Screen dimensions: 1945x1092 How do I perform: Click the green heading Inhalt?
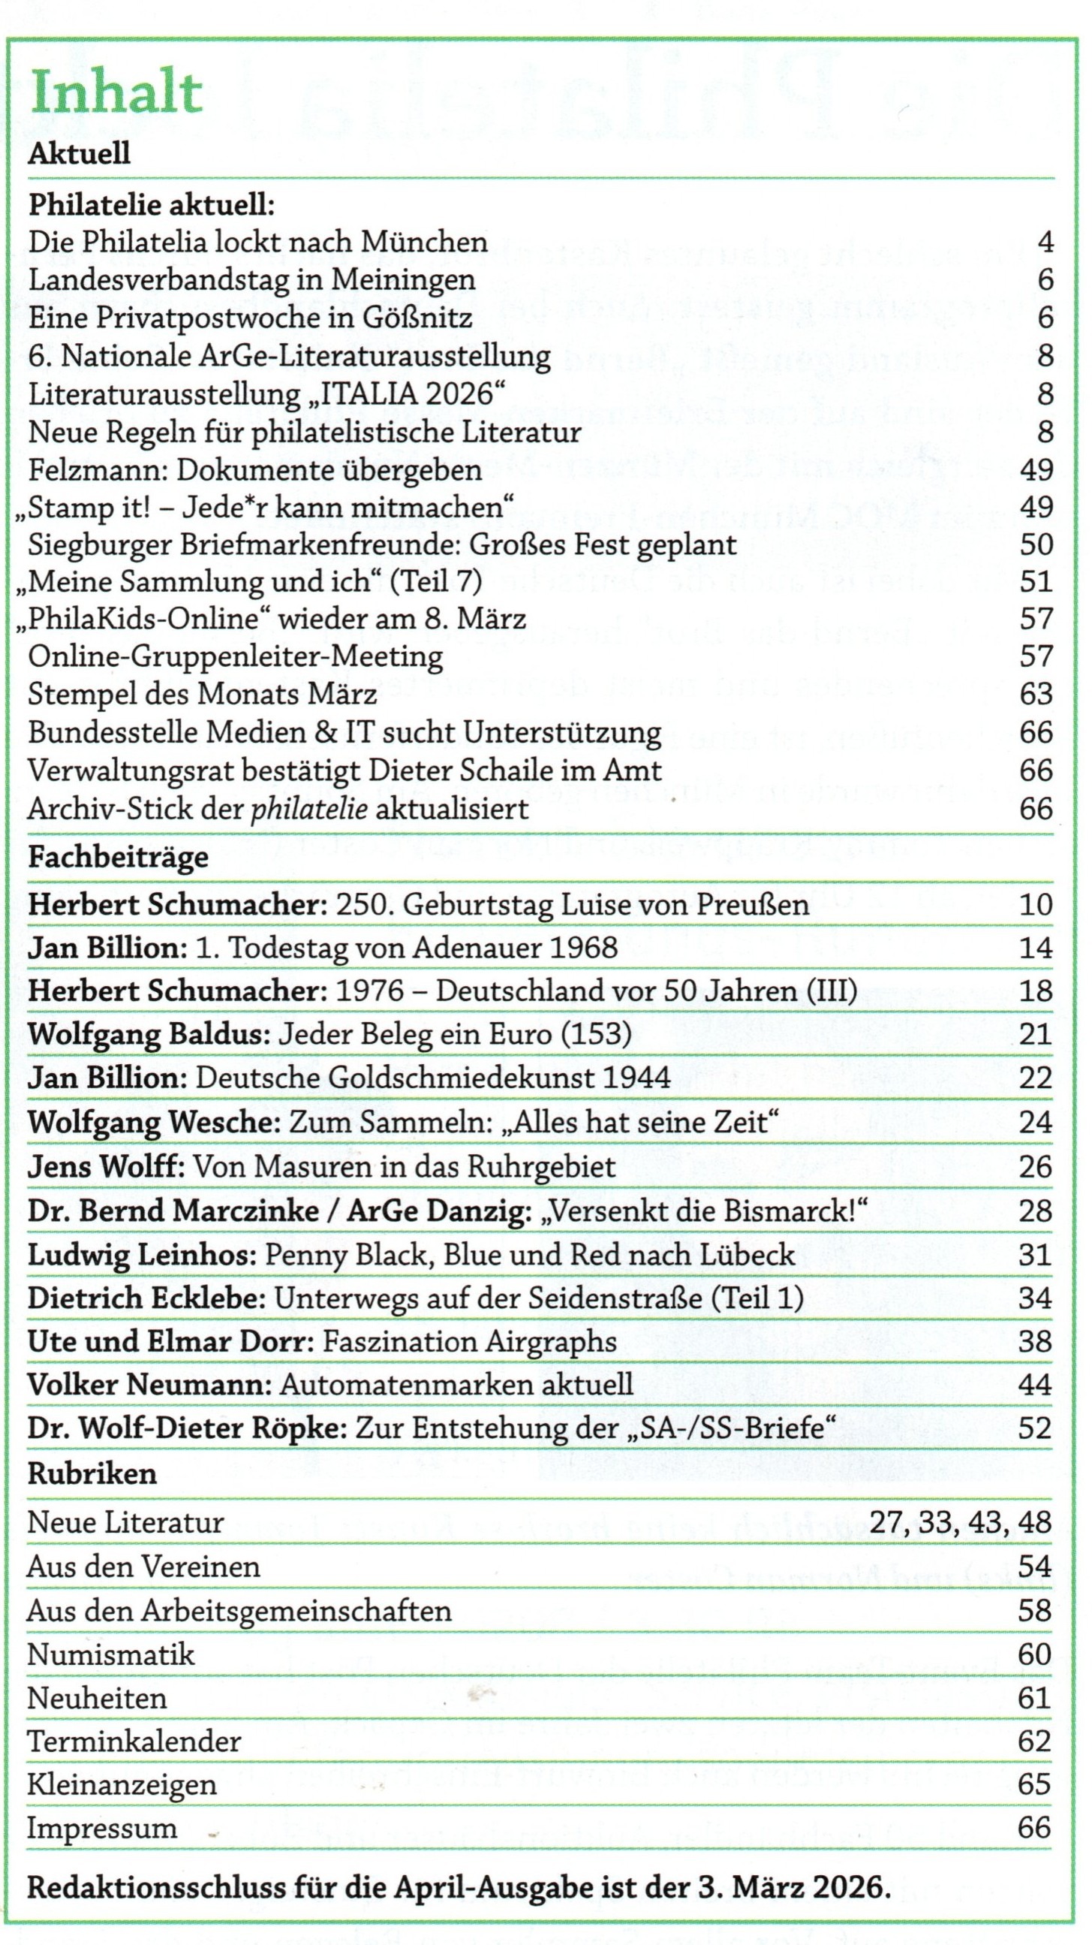click(116, 93)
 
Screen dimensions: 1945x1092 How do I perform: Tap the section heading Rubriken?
click(92, 1473)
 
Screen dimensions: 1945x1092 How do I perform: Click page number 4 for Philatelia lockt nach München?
click(1045, 243)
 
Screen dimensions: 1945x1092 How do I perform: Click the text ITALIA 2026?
click(417, 394)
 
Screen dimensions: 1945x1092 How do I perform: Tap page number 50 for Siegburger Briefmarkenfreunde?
click(1036, 544)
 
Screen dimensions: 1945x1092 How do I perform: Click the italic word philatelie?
click(309, 810)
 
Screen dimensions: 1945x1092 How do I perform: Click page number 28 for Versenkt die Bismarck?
click(1035, 1211)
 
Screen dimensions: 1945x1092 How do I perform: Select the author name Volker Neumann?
click(149, 1385)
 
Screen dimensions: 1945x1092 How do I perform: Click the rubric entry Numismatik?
click(111, 1654)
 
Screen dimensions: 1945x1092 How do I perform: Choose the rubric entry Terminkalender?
click(134, 1742)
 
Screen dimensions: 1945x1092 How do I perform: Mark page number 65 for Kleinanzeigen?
click(1034, 1784)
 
